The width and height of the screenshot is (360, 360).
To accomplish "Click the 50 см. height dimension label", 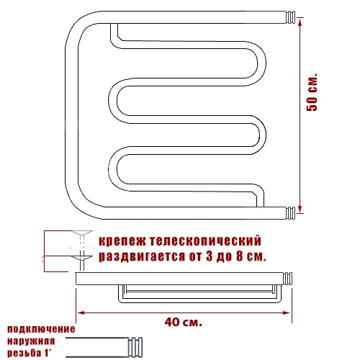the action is pos(312,92).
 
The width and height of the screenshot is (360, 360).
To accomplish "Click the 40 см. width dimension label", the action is pos(184,322).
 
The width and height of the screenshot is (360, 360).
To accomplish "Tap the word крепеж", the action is pos(122,241).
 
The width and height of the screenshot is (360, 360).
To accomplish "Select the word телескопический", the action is pos(205,240).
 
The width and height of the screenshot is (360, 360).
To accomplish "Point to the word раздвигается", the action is pos(142,256).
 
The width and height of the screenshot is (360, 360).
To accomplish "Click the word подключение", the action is pos(41,329).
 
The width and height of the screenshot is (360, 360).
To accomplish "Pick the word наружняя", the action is pos(31,341).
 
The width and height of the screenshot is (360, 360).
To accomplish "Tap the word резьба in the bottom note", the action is pos(24,353).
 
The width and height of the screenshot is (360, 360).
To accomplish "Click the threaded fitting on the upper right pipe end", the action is pos(290,17).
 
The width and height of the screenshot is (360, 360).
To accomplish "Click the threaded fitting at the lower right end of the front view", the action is pos(290,213).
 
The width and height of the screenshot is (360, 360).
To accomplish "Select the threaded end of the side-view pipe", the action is pos(287,279).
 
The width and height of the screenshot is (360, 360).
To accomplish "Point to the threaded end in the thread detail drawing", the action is pos(135,347).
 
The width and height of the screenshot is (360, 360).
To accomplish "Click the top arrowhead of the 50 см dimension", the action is pos(300,22).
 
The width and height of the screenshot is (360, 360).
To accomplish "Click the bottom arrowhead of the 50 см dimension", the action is pos(300,209).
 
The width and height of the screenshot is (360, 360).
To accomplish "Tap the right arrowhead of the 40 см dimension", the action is pos(287,312).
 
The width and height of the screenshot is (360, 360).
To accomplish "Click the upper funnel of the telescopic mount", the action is pos(82,233).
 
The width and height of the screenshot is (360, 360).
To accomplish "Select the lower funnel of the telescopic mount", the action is pos(82,258).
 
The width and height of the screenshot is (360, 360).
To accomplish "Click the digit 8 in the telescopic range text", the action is pos(240,256).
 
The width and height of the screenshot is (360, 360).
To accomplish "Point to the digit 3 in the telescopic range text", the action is pos(210,256).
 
